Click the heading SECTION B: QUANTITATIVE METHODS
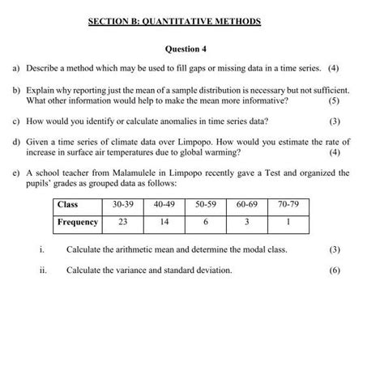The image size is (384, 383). (x=175, y=21)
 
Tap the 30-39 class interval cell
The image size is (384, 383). (x=123, y=205)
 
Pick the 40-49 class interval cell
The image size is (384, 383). (x=164, y=205)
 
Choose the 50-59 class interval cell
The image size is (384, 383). (x=207, y=205)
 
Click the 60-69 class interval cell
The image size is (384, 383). (x=247, y=205)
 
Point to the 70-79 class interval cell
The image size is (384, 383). (x=288, y=205)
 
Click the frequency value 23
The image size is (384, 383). (x=123, y=222)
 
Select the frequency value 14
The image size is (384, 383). (x=164, y=222)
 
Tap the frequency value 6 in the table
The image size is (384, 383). (x=207, y=222)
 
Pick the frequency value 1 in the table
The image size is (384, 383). (x=288, y=222)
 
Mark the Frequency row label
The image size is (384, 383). (x=78, y=222)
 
